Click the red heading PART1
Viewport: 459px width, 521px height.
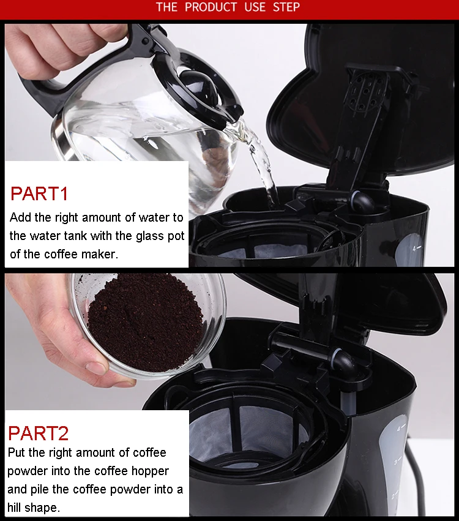pos(39,193)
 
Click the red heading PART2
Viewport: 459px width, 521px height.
pos(38,433)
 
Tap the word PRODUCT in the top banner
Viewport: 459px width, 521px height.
pos(211,7)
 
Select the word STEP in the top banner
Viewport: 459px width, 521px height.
pos(286,7)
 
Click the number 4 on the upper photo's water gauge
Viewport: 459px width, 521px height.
pos(414,248)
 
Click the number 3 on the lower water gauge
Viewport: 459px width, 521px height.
pos(395,462)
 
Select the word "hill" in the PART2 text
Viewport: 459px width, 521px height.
pos(14,508)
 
